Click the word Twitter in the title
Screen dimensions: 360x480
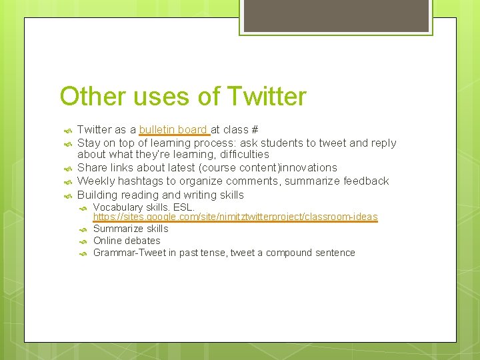(x=266, y=97)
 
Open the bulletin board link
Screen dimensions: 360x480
(x=173, y=129)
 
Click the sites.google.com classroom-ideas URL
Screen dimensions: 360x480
(x=235, y=217)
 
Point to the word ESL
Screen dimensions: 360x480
(x=183, y=207)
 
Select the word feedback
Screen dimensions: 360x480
(x=366, y=181)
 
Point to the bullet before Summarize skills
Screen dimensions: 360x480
(x=83, y=229)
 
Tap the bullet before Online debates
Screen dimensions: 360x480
(x=83, y=241)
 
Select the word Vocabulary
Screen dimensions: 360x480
(x=117, y=207)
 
